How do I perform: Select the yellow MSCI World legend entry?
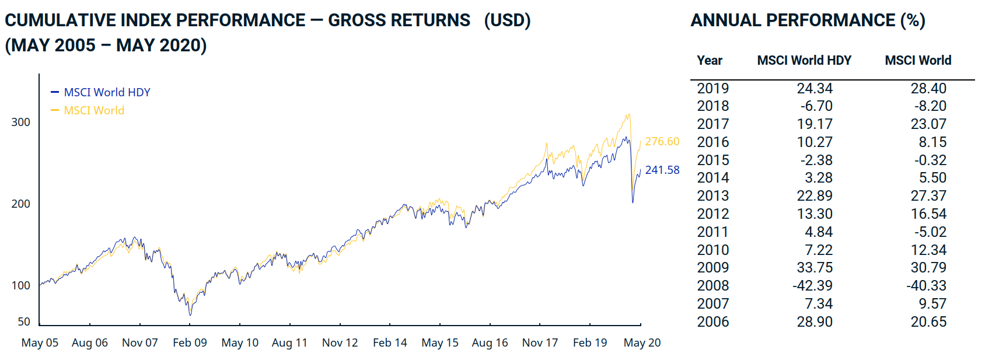click(x=94, y=110)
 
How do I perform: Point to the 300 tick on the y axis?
click(x=21, y=122)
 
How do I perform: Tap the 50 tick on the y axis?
click(x=24, y=321)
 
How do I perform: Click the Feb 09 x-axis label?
click(x=190, y=342)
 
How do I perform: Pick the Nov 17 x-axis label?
click(x=540, y=342)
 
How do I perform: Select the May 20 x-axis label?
click(x=642, y=342)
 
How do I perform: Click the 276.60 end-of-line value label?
click(x=662, y=141)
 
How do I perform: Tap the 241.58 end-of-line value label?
click(x=662, y=170)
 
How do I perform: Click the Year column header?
click(x=710, y=60)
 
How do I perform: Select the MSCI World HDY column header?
click(x=804, y=60)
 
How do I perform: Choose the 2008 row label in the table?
click(x=713, y=285)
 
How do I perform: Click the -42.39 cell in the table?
click(x=813, y=285)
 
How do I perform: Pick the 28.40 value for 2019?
click(x=928, y=88)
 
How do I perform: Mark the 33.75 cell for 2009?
click(x=815, y=267)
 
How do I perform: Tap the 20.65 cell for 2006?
click(x=928, y=321)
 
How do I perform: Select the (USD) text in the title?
click(x=507, y=20)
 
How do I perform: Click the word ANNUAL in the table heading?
click(x=725, y=20)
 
